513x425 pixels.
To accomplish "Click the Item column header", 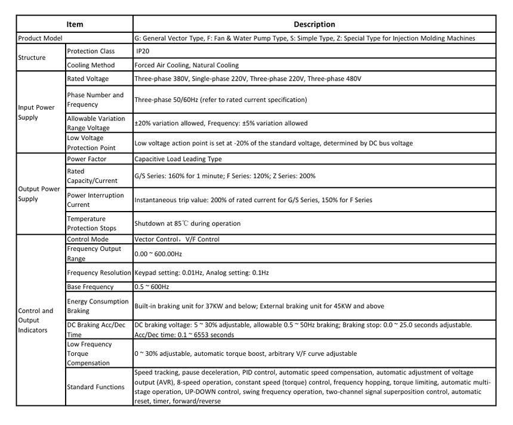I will (x=75, y=24).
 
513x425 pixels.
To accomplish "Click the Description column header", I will (x=314, y=24).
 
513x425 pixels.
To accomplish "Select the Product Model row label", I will (x=41, y=38).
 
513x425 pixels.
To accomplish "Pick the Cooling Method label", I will (x=91, y=65).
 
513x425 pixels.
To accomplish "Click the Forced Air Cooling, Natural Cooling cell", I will (x=187, y=65).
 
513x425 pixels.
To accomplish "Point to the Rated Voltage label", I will (x=88, y=79).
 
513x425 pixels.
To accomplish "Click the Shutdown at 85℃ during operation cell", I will (x=187, y=224).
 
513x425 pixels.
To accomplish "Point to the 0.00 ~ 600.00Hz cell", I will (x=158, y=253).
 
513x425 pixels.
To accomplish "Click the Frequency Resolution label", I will (x=99, y=272).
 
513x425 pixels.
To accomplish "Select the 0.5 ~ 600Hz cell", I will (x=152, y=287).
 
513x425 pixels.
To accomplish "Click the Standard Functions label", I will (x=95, y=387).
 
